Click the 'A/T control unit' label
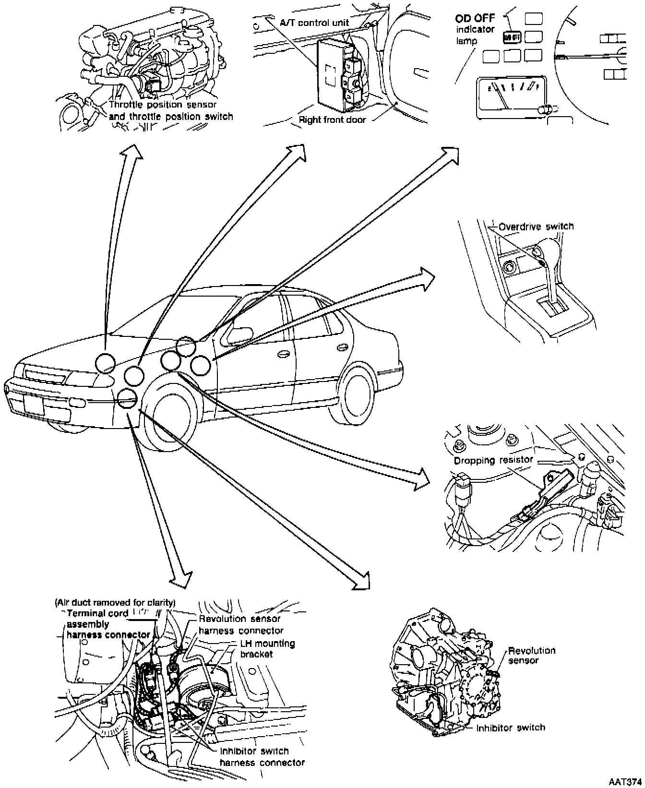click(x=314, y=23)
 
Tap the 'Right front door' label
click(x=332, y=119)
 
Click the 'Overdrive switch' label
click(x=536, y=226)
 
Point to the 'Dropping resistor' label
click(x=493, y=460)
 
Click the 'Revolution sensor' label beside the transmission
click(x=531, y=656)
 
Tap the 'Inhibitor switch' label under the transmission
click(x=511, y=728)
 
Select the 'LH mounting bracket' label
click(x=267, y=648)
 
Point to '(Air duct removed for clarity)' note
click(x=115, y=602)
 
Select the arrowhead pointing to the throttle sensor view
click(x=131, y=153)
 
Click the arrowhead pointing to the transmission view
click(x=361, y=580)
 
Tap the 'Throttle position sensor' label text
click(x=163, y=105)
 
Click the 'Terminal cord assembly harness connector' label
click(x=107, y=624)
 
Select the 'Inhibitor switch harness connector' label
click(x=262, y=757)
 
